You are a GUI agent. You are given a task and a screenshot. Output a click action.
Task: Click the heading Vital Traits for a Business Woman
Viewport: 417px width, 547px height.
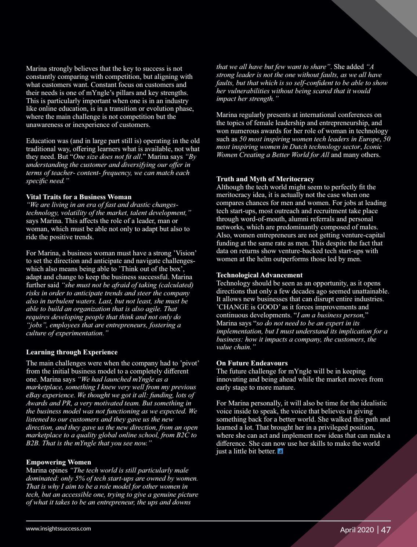tap(79, 197)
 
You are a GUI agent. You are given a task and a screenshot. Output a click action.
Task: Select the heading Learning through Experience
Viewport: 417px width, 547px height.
tap(72, 352)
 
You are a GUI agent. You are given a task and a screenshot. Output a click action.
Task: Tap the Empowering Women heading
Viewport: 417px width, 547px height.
tap(59, 462)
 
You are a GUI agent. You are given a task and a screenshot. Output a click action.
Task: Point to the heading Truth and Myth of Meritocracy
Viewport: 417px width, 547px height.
tap(265, 179)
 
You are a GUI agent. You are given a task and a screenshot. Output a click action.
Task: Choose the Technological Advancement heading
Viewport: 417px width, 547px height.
tap(260, 275)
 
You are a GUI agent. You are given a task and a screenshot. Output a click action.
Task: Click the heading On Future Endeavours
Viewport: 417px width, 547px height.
tap(252, 363)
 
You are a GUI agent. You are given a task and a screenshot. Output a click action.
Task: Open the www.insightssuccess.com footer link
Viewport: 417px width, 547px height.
tap(58, 529)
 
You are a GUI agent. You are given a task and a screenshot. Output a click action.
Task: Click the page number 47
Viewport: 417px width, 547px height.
tap(385, 530)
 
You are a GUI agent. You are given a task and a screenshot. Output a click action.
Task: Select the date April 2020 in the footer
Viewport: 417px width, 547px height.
tap(357, 530)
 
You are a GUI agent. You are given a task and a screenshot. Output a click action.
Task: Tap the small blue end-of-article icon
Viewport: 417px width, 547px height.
tap(280, 452)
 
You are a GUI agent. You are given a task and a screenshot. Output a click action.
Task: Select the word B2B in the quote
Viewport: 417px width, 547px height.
tap(32, 443)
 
